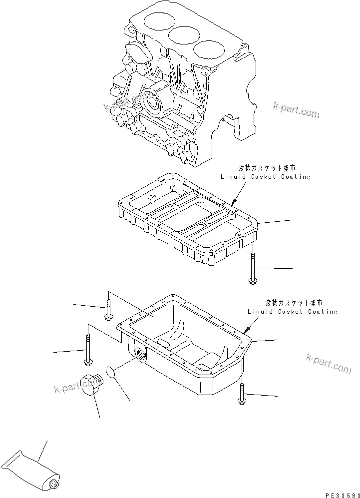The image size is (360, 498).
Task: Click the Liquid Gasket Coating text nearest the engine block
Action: click(265, 177)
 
